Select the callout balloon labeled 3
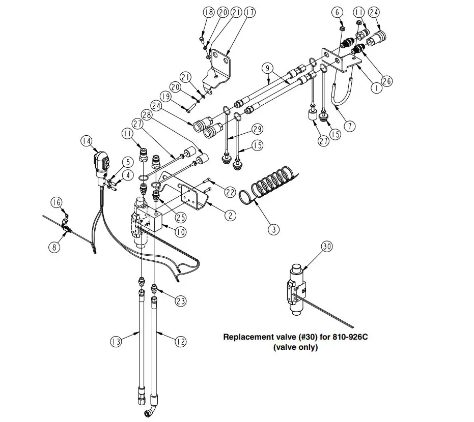[274, 230]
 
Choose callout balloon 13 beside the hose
[117, 342]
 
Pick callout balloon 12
[180, 342]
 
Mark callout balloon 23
[180, 301]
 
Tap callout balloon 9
[266, 68]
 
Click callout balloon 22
[230, 192]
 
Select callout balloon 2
[231, 215]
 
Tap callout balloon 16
[57, 203]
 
